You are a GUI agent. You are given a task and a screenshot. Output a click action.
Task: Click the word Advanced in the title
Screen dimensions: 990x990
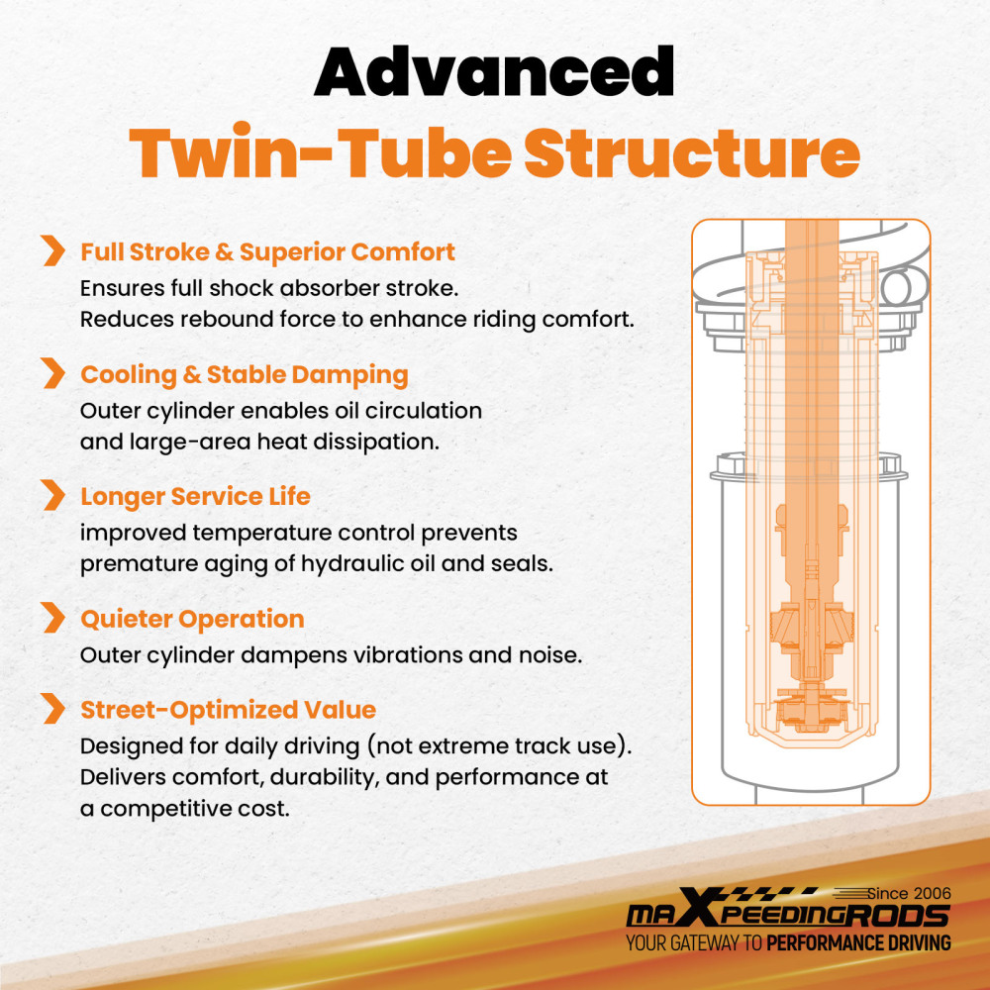pos(494,70)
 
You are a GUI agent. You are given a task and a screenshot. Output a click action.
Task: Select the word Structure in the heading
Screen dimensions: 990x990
pos(692,153)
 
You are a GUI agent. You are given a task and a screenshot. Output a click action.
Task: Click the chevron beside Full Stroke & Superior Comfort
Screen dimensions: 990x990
pos(53,250)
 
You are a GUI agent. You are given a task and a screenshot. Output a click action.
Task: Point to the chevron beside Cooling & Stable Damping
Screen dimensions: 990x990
pos(53,373)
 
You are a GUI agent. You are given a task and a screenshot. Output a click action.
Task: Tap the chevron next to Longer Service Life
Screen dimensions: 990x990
pos(53,495)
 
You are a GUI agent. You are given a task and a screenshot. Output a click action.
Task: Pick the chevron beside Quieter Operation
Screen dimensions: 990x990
pos(53,618)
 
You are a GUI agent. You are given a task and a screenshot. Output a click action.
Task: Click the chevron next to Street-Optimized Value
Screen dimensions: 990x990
pos(53,709)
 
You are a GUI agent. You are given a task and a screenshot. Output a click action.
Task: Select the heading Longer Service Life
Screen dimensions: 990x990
pos(196,497)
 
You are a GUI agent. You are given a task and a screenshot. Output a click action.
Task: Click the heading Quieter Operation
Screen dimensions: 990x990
pos(193,620)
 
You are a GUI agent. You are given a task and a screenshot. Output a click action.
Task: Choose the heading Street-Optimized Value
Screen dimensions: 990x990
pos(229,710)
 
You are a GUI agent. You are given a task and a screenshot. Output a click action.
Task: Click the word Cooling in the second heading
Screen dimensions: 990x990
pos(129,375)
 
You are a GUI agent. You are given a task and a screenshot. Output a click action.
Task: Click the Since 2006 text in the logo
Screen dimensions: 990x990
pos(909,893)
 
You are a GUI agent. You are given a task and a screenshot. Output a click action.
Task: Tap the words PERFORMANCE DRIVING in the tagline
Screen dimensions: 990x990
pos(858,943)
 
